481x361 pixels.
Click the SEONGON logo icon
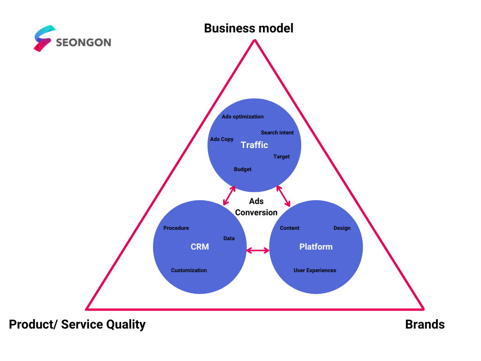pyautogui.click(x=45, y=39)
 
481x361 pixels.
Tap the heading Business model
pyautogui.click(x=249, y=28)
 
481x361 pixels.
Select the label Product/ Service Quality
pyautogui.click(x=78, y=324)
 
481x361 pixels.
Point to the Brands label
pyautogui.click(x=425, y=324)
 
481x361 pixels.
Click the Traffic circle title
pyautogui.click(x=254, y=145)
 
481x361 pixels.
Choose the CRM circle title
pyautogui.click(x=200, y=247)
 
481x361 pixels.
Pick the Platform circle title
pyautogui.click(x=316, y=247)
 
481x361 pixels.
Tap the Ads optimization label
pyautogui.click(x=243, y=117)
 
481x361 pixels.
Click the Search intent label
pyautogui.click(x=277, y=133)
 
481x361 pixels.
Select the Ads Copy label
pyautogui.click(x=222, y=139)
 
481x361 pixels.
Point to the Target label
pyautogui.click(x=282, y=157)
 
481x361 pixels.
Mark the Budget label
pyautogui.click(x=243, y=169)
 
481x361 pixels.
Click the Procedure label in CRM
pyautogui.click(x=176, y=228)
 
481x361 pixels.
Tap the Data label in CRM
pyautogui.click(x=229, y=238)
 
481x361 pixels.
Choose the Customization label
pyautogui.click(x=189, y=270)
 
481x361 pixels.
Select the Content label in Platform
pyautogui.click(x=289, y=228)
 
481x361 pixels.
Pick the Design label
pyautogui.click(x=342, y=228)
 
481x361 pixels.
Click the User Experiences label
pyautogui.click(x=315, y=270)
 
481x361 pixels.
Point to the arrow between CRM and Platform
pyautogui.click(x=258, y=251)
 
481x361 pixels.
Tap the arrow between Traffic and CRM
pyautogui.click(x=229, y=196)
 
